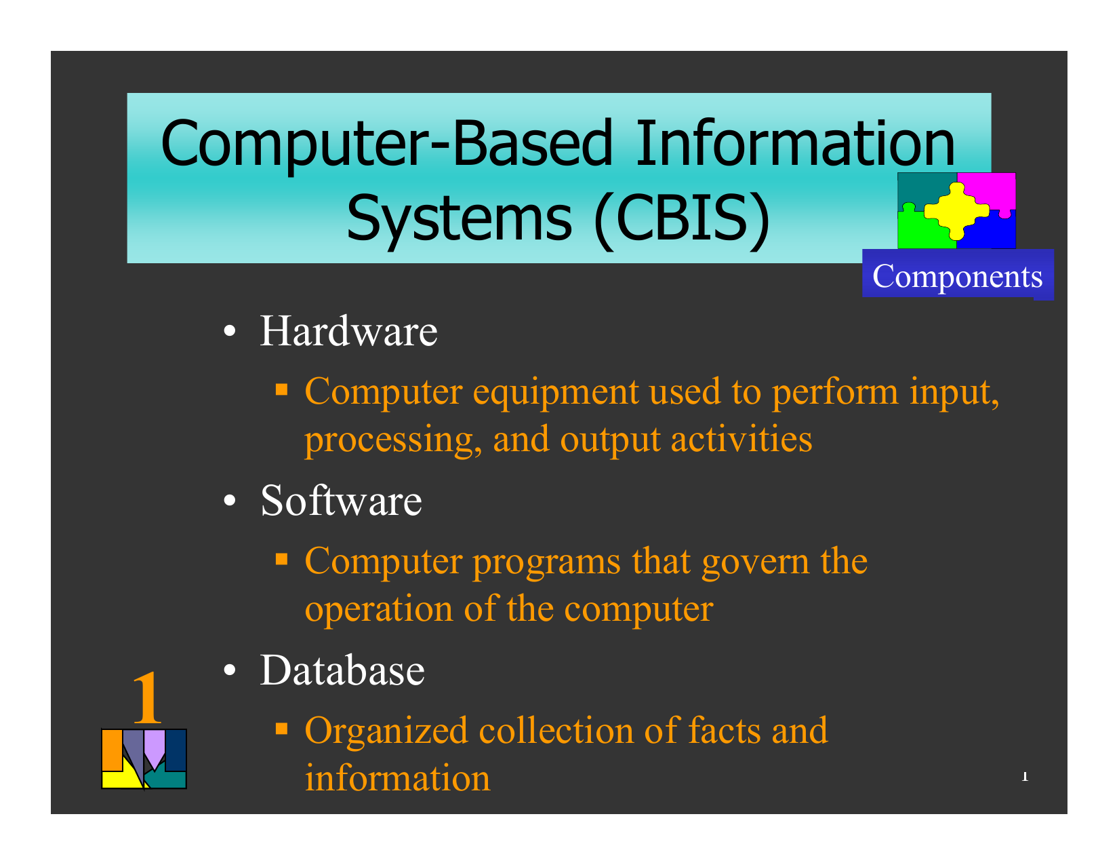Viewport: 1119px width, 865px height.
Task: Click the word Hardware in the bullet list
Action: [x=348, y=331]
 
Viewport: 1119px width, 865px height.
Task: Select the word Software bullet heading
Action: [x=341, y=501]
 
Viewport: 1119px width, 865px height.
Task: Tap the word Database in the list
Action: [x=342, y=670]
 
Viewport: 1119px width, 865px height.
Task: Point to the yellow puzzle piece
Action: [x=956, y=210]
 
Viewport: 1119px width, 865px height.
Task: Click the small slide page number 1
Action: [x=1025, y=776]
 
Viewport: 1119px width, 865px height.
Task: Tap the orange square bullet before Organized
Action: [x=281, y=728]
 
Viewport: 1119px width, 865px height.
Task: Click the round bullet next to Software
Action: [x=230, y=500]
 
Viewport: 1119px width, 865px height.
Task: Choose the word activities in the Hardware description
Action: [x=741, y=439]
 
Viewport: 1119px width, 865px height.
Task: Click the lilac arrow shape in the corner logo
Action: [x=154, y=748]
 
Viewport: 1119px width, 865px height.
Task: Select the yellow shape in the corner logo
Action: [x=122, y=776]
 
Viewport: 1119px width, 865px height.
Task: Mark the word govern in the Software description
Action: [x=756, y=561]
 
